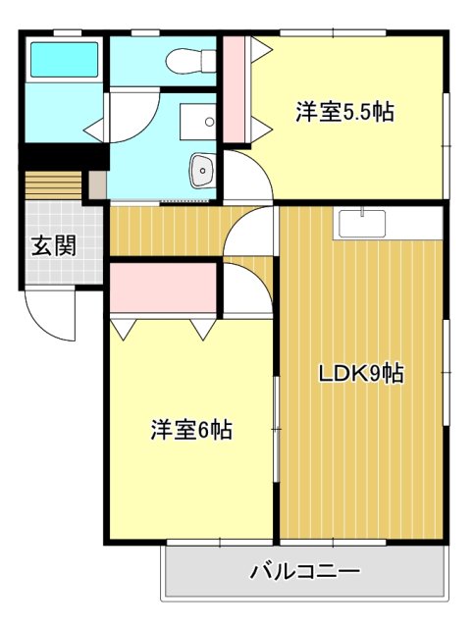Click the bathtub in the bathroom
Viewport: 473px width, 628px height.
point(64,60)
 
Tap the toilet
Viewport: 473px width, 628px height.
point(190,62)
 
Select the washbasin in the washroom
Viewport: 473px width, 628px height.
point(201,171)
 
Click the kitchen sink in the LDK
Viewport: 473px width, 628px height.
point(364,224)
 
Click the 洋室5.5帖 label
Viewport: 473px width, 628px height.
point(344,112)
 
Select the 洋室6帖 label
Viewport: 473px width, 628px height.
point(191,430)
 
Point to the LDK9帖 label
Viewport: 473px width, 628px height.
point(361,373)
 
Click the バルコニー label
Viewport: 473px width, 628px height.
point(305,570)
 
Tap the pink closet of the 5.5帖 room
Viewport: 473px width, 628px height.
point(235,91)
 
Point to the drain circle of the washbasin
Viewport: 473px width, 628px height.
point(203,172)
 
